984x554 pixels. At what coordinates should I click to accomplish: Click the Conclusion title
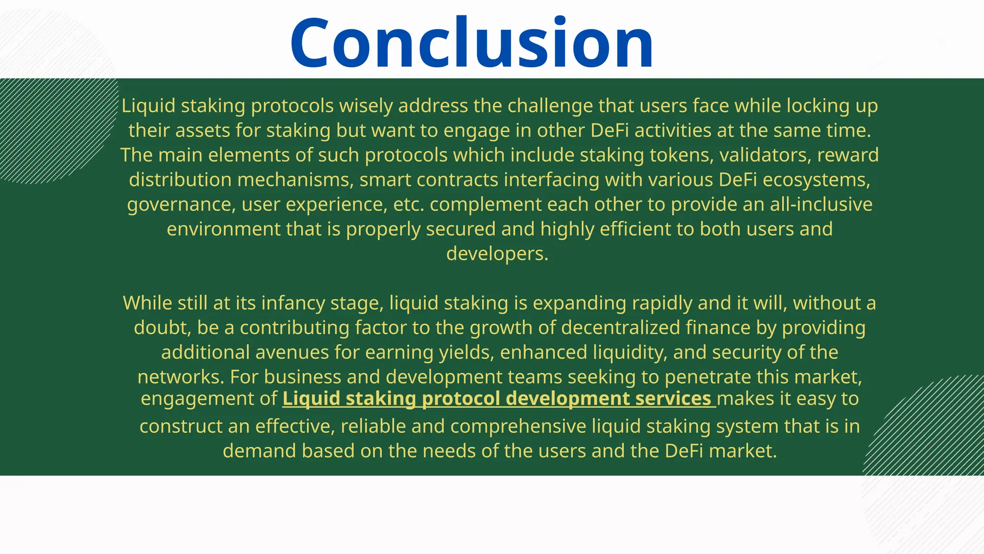tap(471, 43)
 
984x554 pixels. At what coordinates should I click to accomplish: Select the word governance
tap(181, 205)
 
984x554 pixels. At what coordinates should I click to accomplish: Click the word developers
tap(497, 254)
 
